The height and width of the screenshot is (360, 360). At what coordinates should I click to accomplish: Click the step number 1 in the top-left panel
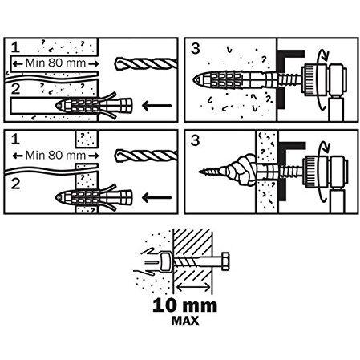(15, 47)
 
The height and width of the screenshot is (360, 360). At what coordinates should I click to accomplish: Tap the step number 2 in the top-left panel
(15, 89)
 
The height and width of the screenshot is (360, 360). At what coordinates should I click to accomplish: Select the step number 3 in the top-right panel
(196, 48)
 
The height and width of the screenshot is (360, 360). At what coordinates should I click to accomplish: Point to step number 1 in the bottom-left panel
(15, 140)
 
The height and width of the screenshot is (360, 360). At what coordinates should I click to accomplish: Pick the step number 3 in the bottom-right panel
(196, 140)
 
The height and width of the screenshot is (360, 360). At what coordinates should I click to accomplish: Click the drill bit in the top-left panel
(146, 64)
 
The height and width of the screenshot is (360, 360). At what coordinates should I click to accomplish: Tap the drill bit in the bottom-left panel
(146, 156)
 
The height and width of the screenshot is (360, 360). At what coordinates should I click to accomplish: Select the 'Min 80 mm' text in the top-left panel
(55, 63)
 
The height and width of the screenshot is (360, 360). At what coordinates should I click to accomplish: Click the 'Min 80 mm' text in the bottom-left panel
(55, 156)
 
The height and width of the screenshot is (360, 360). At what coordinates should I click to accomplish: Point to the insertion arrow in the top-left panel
(156, 106)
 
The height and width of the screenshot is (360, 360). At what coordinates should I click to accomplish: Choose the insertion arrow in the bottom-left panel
(156, 198)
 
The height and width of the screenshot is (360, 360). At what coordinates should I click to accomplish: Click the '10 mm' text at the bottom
(184, 305)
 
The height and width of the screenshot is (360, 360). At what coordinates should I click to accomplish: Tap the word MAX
(185, 321)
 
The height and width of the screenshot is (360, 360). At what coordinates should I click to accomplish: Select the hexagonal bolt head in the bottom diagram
(225, 261)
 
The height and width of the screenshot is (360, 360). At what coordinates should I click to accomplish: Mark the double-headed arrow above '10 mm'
(193, 287)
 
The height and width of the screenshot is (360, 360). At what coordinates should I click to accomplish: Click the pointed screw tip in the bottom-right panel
(200, 172)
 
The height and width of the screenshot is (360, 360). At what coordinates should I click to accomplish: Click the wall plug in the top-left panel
(94, 106)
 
